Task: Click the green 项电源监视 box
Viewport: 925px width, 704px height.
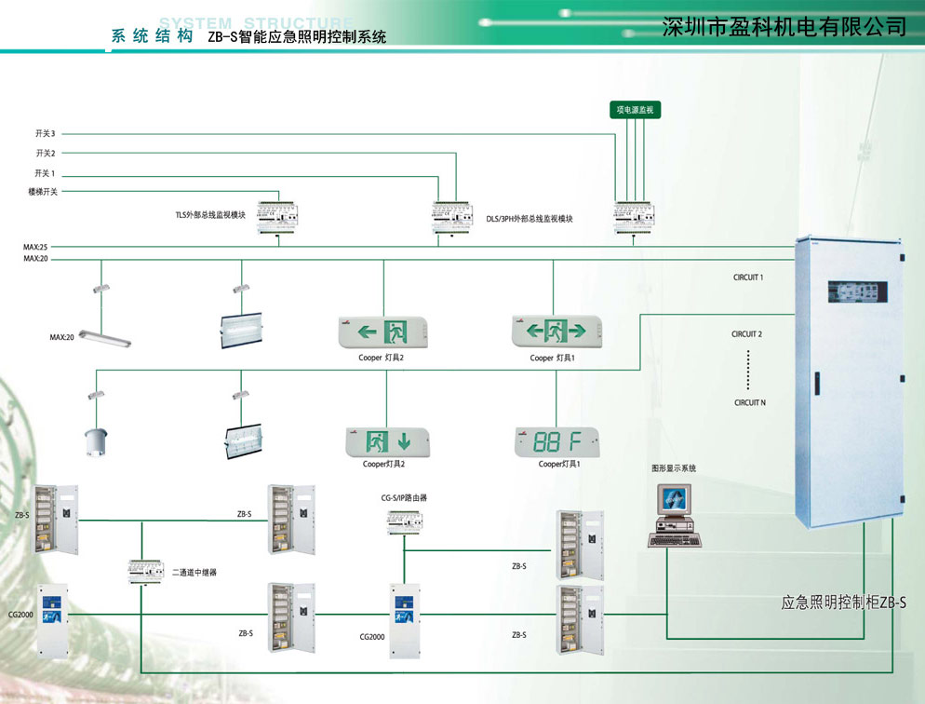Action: [x=635, y=110]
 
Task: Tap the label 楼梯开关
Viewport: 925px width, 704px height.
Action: [x=43, y=192]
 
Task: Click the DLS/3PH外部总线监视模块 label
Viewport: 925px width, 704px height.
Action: [x=530, y=219]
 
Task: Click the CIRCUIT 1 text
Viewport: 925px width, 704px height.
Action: [x=747, y=278]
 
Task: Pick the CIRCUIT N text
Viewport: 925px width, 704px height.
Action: [x=749, y=402]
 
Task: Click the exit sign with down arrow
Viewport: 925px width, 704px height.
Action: [x=388, y=441]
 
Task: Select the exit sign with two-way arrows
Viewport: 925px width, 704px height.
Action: [x=556, y=331]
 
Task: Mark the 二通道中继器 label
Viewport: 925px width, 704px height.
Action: [x=194, y=572]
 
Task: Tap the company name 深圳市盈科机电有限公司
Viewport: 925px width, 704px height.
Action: [x=784, y=26]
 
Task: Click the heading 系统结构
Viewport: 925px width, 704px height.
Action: [x=152, y=37]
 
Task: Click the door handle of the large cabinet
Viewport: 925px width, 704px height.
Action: [x=815, y=384]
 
